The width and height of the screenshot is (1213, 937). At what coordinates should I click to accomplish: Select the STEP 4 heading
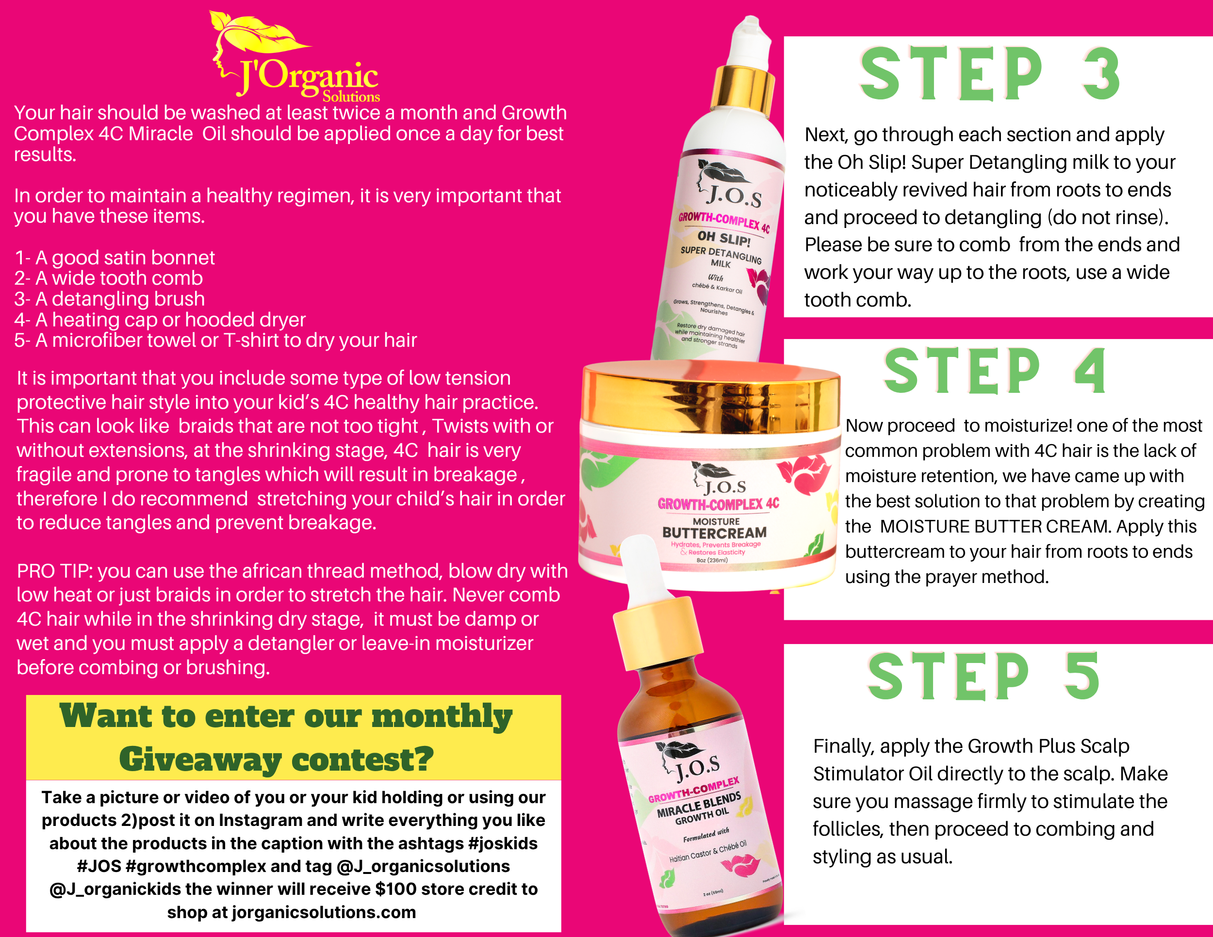(x=995, y=371)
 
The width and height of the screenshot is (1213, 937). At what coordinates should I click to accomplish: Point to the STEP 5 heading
(x=984, y=676)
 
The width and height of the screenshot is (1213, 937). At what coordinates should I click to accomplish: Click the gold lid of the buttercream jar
(x=711, y=397)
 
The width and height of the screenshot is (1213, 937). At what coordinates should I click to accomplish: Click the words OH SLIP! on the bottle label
(x=724, y=238)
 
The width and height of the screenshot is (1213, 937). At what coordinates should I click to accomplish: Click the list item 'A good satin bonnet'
(x=115, y=258)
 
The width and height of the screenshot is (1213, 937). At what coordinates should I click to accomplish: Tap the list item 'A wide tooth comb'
(x=109, y=278)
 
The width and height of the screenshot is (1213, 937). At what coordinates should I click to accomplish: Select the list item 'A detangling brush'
(x=110, y=299)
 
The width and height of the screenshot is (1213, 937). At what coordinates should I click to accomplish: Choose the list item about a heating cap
(x=160, y=320)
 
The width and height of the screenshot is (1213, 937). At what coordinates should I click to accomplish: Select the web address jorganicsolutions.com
(x=324, y=912)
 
